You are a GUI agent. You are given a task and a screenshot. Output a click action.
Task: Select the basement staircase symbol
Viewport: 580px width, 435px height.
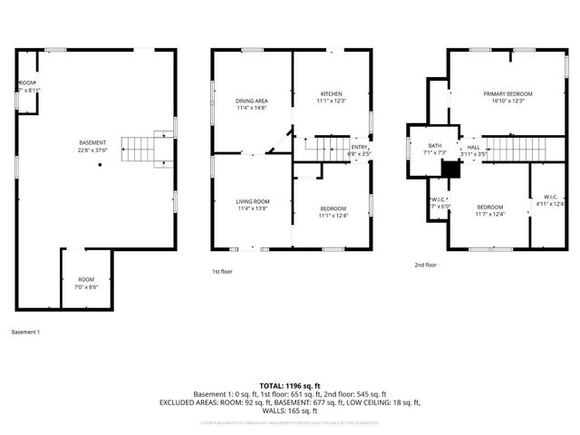(141, 148)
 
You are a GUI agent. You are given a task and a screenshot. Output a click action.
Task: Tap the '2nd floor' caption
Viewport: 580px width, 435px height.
(425, 265)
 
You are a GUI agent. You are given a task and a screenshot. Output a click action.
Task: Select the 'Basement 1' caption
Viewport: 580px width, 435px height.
(25, 333)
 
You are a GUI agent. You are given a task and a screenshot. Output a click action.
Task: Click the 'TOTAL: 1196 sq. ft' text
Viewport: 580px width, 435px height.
(289, 386)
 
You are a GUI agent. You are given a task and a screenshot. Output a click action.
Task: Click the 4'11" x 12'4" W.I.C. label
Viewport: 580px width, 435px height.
(550, 200)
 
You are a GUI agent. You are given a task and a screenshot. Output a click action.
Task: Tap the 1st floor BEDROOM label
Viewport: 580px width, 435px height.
(333, 212)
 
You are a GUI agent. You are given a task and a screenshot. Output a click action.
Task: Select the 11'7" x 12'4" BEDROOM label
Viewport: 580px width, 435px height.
(489, 210)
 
